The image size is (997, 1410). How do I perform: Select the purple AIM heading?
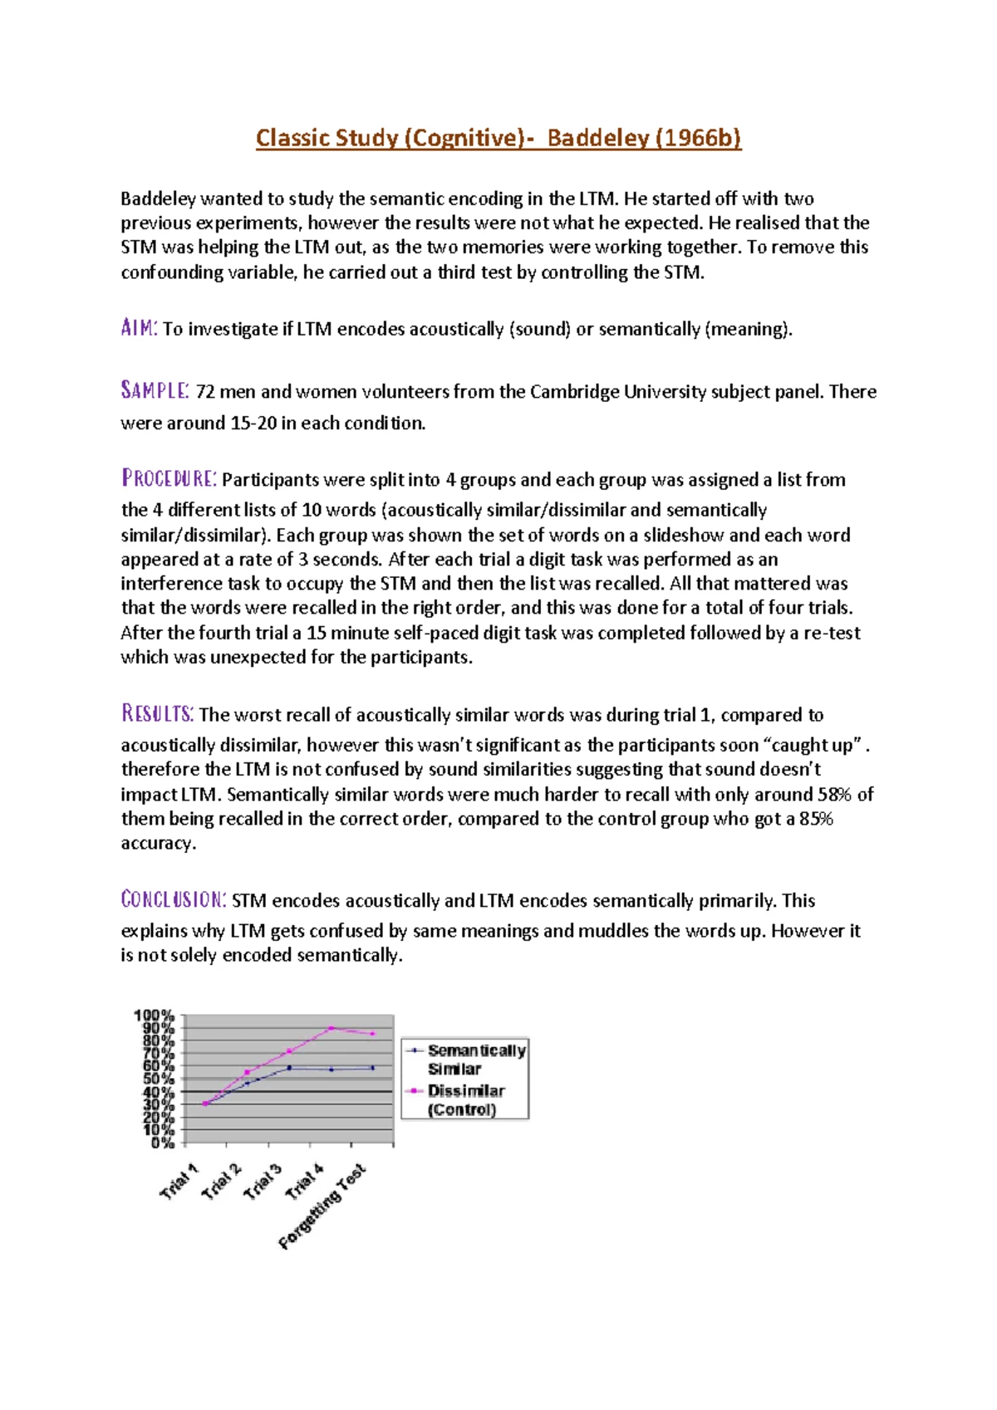[x=139, y=328]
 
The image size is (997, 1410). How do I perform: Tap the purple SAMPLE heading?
[x=155, y=390]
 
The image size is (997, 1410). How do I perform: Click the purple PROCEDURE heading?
[x=169, y=478]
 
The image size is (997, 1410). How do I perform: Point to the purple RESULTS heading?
[x=158, y=713]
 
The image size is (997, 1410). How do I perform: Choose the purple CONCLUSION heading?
[x=174, y=899]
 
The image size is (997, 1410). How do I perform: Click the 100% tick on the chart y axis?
[x=155, y=1016]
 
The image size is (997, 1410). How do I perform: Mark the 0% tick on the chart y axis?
[x=162, y=1143]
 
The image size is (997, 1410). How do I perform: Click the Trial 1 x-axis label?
[x=179, y=1182]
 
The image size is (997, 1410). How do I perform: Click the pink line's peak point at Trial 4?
[x=331, y=1028]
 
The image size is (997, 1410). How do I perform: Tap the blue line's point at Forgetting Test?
[x=372, y=1068]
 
